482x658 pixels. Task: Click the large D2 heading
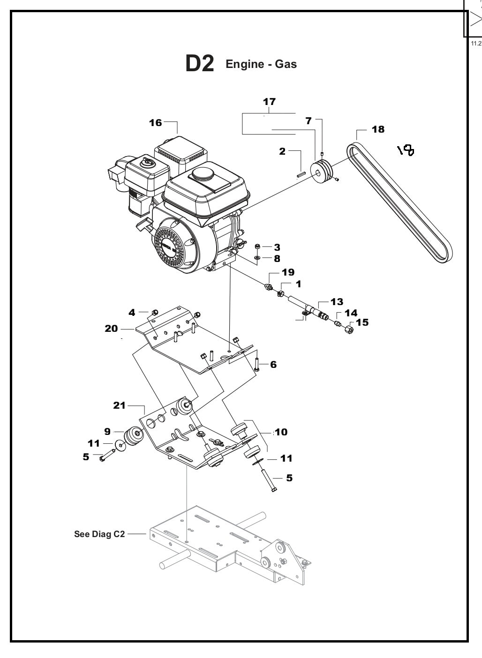200,64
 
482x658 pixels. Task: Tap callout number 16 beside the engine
155,123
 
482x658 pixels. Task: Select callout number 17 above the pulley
269,102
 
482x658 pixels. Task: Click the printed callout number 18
378,129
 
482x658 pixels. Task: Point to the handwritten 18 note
406,150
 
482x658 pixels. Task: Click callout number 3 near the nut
277,247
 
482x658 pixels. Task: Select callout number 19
288,272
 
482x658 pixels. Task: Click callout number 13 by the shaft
337,301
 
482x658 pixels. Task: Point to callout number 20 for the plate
111,329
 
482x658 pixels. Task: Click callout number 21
120,405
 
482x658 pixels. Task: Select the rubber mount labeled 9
133,436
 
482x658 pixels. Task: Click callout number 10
281,432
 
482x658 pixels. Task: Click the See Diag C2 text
99,534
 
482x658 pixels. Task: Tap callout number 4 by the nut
132,312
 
